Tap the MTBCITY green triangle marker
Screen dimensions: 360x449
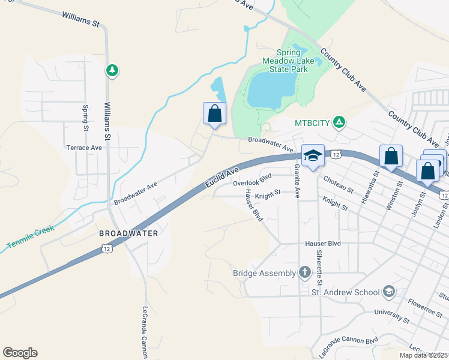(339, 122)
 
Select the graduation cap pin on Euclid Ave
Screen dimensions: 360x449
(312, 156)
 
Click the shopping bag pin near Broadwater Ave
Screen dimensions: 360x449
(215, 114)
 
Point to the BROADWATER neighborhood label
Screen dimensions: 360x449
(129, 233)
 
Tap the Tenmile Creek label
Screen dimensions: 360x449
(31, 237)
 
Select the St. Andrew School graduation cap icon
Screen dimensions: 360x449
(388, 292)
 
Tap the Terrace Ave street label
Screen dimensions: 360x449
(84, 148)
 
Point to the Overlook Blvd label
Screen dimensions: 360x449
(253, 180)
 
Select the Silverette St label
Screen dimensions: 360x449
(320, 268)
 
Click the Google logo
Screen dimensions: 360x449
(20, 353)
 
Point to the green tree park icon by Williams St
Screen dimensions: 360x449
(112, 71)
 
